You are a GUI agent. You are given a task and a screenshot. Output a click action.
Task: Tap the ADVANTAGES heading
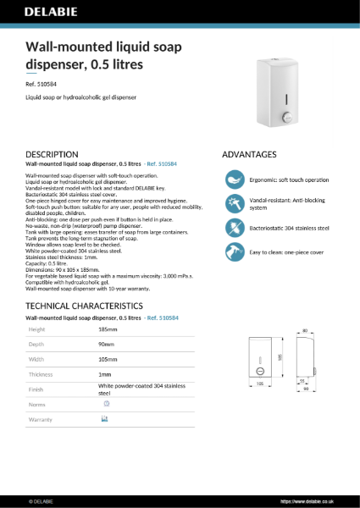point(249,155)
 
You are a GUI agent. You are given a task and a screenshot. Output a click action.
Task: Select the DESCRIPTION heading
point(53,155)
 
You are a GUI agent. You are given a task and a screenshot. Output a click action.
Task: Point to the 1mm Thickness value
point(104,374)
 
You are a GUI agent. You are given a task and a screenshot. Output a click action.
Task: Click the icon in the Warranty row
point(104,419)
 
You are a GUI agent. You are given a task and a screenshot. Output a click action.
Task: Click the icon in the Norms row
point(104,404)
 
